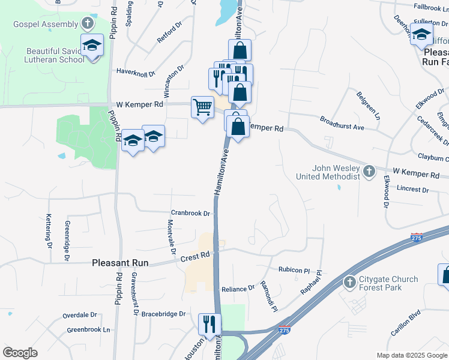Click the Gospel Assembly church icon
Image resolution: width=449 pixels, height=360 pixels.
click(x=88, y=24)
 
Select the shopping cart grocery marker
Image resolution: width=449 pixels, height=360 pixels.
click(x=202, y=107)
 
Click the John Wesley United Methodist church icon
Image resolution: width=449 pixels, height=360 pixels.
click(x=370, y=172)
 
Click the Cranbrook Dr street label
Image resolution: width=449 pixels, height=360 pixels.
click(x=190, y=213)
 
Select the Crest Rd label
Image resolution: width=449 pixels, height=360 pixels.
click(x=196, y=257)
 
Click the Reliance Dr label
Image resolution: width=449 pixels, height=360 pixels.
click(x=238, y=289)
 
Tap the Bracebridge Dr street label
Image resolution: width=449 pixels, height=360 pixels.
click(x=164, y=314)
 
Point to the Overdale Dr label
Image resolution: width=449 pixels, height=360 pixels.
click(x=80, y=315)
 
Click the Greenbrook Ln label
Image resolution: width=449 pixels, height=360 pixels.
click(x=89, y=329)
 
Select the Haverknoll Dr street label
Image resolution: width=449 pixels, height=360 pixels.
click(x=136, y=72)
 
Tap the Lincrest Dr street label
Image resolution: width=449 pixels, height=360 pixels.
click(x=413, y=190)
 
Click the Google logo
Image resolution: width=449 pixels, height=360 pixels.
click(x=20, y=353)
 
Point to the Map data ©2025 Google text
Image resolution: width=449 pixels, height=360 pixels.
click(x=411, y=355)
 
